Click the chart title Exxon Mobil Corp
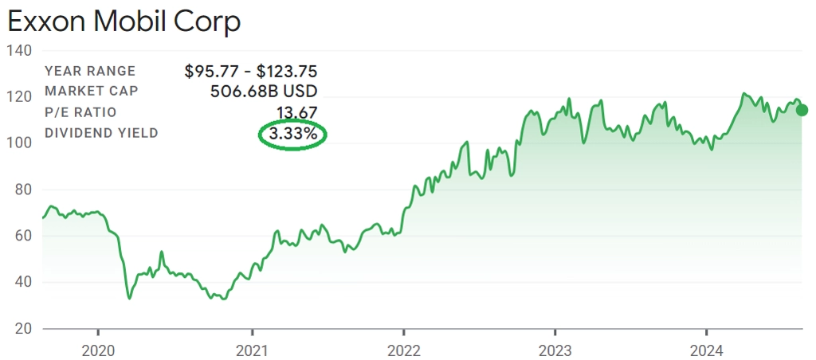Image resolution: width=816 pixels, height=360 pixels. (x=124, y=22)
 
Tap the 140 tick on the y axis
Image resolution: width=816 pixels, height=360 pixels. (x=18, y=51)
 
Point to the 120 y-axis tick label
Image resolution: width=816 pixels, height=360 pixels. (x=18, y=97)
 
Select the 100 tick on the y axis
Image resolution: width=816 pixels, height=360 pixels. (x=18, y=143)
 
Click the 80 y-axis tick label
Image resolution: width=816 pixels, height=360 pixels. (x=20, y=190)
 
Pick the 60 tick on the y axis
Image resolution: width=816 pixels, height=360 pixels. (x=20, y=236)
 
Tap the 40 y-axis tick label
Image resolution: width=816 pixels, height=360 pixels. (x=20, y=282)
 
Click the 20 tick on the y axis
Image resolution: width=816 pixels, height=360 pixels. (x=20, y=328)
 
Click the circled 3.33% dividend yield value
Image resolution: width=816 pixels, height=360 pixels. (x=293, y=135)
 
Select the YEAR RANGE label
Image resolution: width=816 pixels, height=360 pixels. (x=90, y=72)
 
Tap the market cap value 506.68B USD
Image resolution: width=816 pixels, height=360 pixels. (x=264, y=92)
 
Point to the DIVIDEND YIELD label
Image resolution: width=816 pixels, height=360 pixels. (x=101, y=133)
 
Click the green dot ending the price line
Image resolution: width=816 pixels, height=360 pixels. (x=802, y=110)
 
